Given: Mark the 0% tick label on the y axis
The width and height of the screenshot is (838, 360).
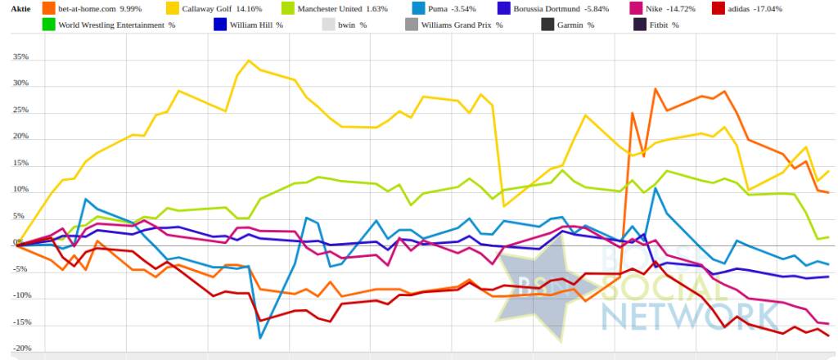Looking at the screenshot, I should tap(22, 244).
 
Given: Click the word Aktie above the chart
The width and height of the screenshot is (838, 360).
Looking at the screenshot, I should tap(20, 9).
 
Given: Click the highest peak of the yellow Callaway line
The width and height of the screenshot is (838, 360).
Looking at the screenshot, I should tap(249, 61).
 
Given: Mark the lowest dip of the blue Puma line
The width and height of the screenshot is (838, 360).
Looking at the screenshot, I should tap(260, 337).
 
